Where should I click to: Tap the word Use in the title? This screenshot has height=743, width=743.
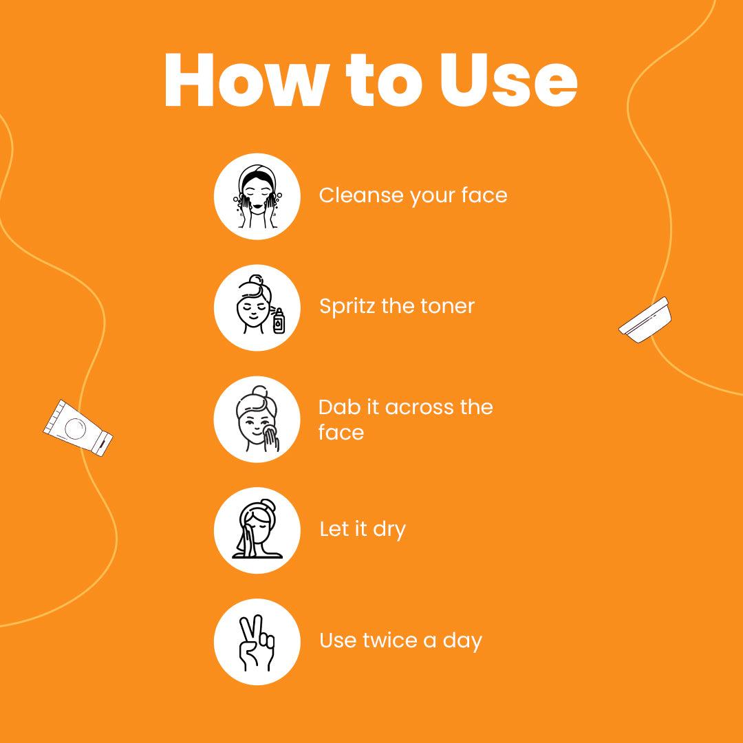(508, 80)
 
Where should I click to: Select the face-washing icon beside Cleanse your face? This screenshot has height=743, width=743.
(257, 196)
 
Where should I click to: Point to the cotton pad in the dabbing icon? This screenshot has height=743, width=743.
(270, 430)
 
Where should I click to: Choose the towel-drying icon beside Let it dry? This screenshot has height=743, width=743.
(257, 530)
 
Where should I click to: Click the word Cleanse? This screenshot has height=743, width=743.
(360, 195)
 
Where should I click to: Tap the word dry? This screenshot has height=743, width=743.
(389, 530)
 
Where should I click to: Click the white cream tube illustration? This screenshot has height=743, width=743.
(78, 429)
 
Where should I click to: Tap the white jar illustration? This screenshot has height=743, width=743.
(645, 320)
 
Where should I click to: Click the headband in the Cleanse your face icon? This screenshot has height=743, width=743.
(257, 175)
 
